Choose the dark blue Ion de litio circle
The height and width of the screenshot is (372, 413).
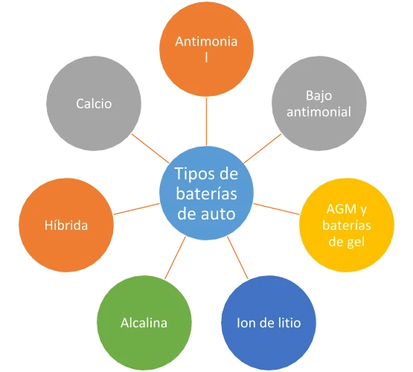[267, 322]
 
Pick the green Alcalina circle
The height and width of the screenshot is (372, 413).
[144, 322]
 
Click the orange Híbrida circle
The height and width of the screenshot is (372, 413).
[65, 225]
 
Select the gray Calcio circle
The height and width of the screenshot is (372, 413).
[93, 104]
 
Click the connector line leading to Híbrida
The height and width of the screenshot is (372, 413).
[138, 209]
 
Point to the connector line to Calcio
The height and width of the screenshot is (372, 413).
[152, 151]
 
